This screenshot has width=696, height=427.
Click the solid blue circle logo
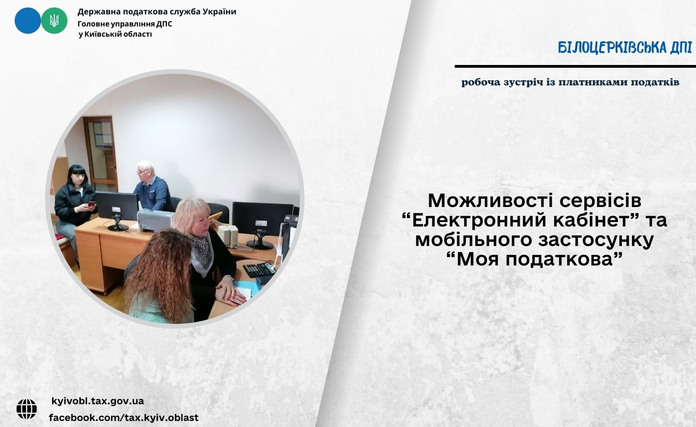pos(28,20)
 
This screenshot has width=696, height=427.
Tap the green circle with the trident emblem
pos(54,20)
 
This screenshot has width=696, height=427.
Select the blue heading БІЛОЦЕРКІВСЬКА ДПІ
pos(625,47)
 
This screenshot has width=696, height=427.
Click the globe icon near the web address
pos(27,409)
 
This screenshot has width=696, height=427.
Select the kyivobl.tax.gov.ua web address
pos(97,401)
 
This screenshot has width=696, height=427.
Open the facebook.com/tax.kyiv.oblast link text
pos(124,418)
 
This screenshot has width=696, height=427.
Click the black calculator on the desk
pos(259,269)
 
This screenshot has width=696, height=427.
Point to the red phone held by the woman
pos(92,204)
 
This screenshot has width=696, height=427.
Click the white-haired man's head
pos(145,172)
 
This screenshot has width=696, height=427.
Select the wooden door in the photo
pos(100,154)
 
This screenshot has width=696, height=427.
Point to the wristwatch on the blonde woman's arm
pos(229,277)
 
